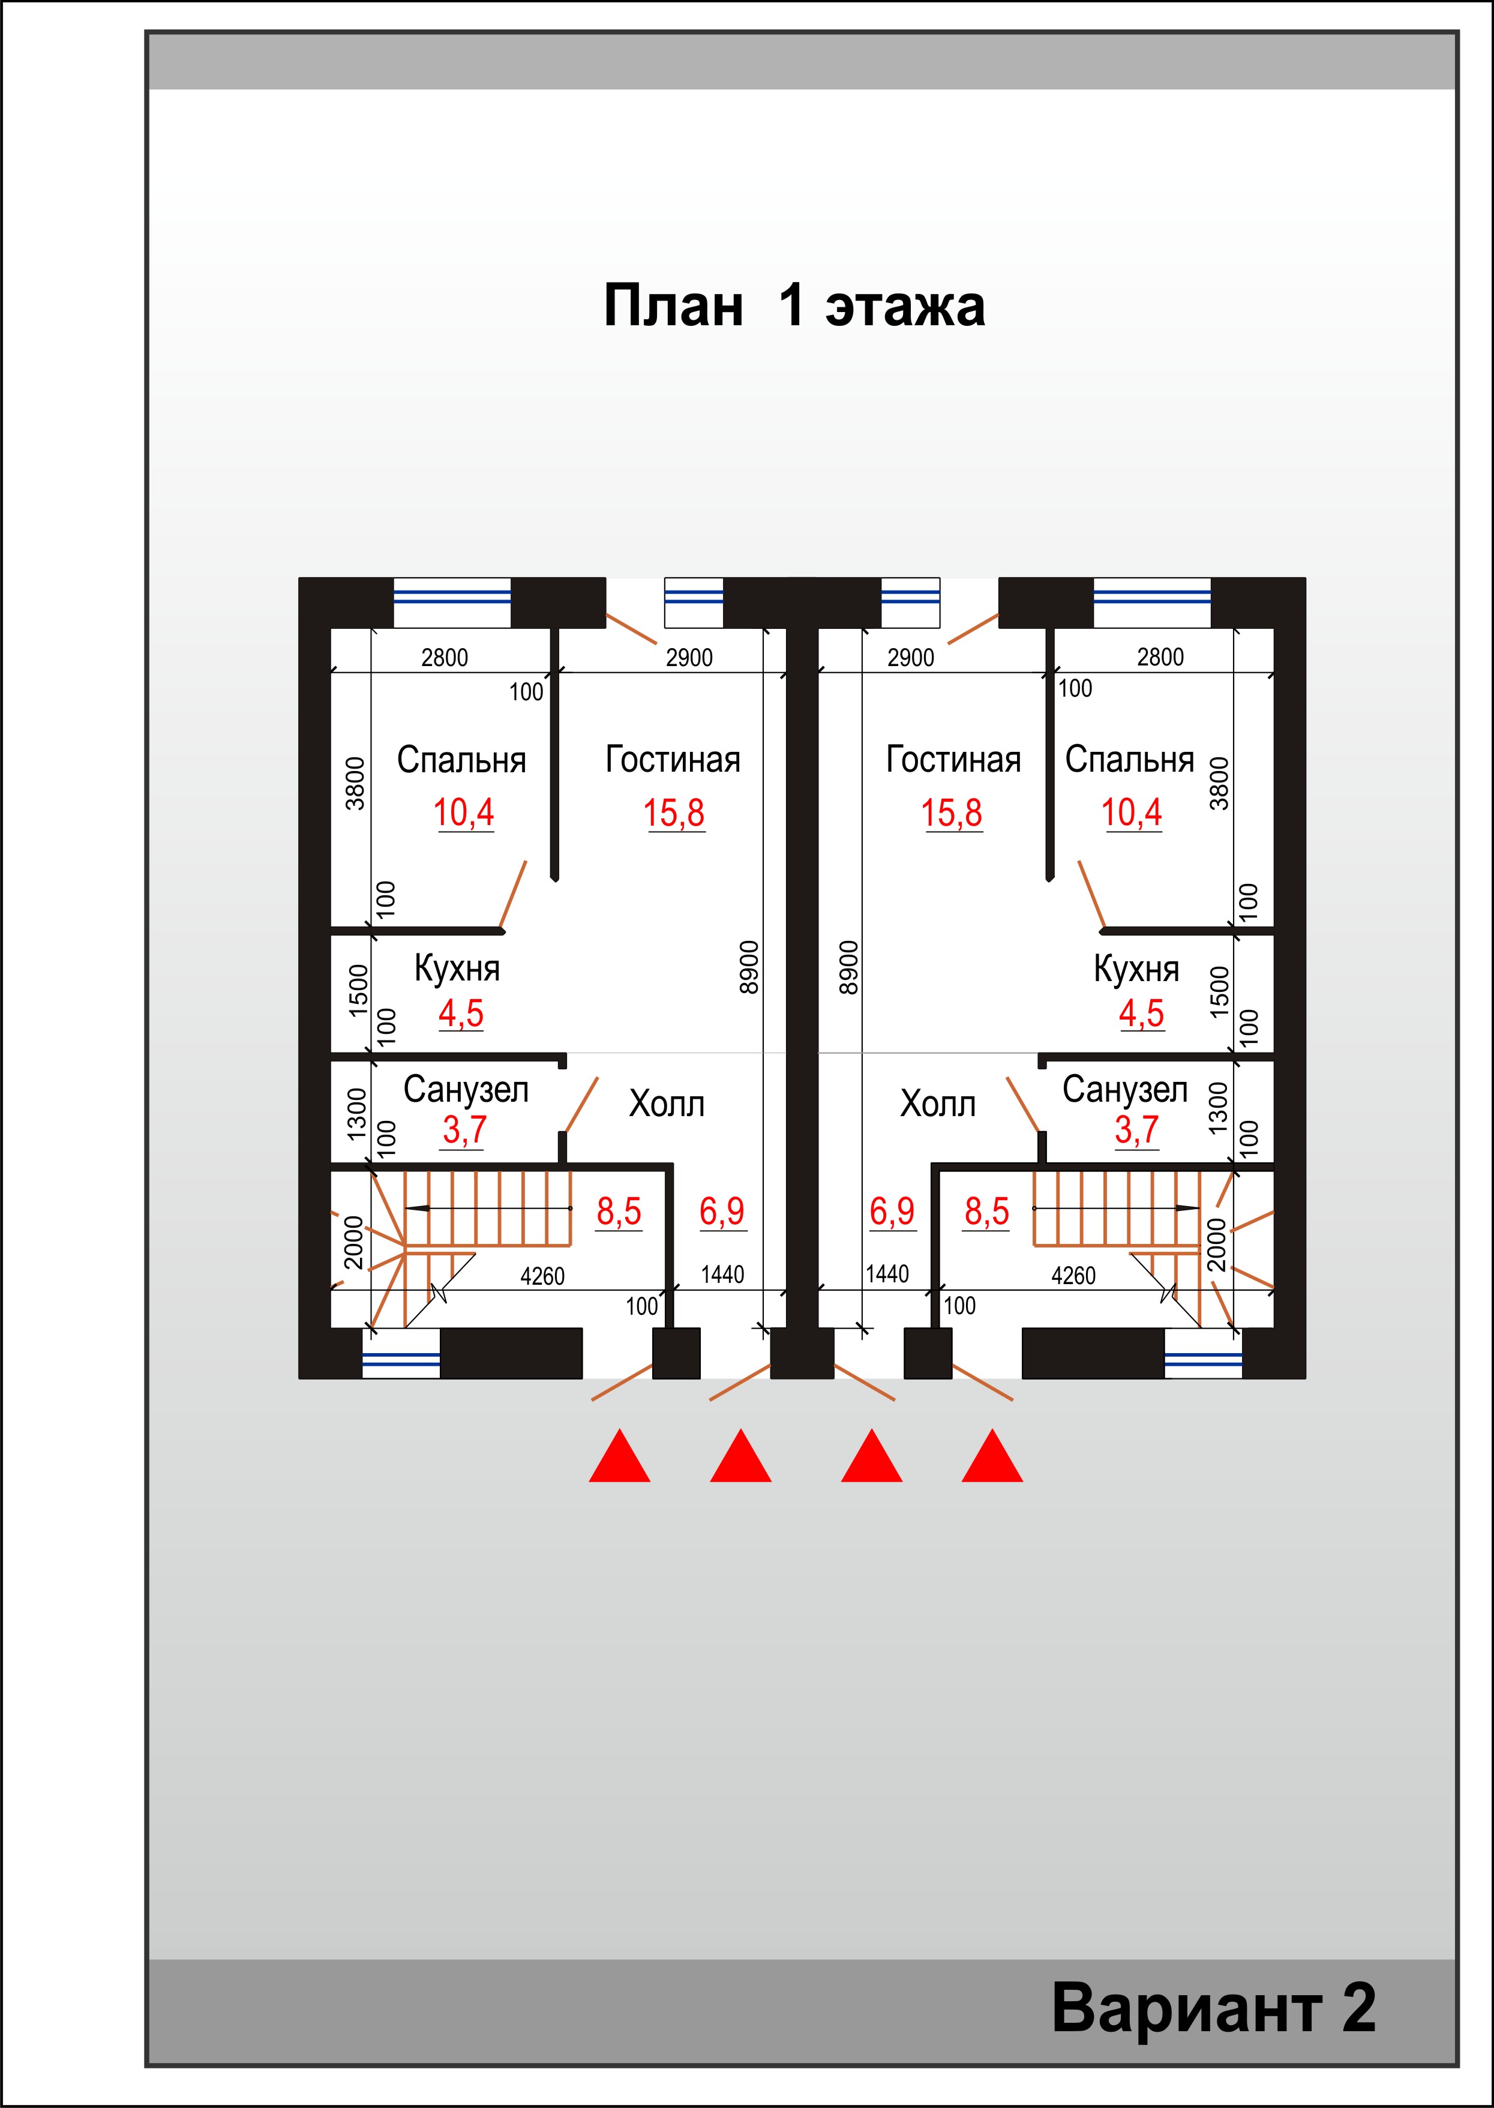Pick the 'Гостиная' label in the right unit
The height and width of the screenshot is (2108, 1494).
point(953,760)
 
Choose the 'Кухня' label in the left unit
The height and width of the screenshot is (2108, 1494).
point(457,969)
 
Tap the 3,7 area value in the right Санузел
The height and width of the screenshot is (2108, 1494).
point(1137,1130)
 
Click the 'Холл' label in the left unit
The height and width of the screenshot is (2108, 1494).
point(667,1104)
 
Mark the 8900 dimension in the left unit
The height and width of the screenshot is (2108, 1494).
point(750,967)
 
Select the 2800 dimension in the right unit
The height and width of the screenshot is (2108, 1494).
point(1160,657)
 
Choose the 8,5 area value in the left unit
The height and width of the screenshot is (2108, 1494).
point(619,1212)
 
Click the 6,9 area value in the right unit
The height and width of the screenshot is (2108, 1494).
point(892,1212)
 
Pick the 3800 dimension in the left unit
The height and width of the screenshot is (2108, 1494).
point(355,783)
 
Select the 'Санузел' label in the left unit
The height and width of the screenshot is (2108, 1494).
point(466,1090)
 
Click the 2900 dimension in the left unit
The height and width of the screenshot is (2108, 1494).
point(689,658)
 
